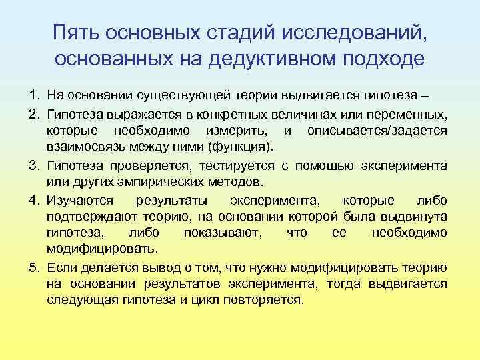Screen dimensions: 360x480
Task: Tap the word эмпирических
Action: (x=153, y=181)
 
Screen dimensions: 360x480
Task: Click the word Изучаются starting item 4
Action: (x=79, y=199)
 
